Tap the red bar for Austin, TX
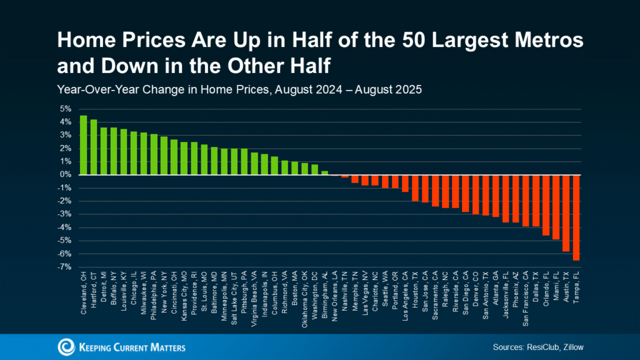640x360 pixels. point(566,213)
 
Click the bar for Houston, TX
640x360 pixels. point(415,188)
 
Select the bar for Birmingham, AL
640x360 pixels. point(324,172)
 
